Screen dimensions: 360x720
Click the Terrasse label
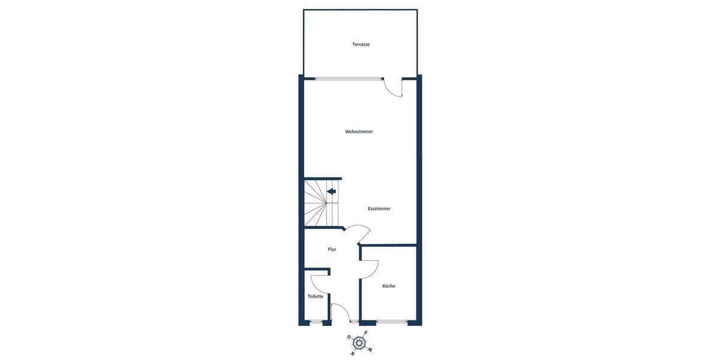click(361, 44)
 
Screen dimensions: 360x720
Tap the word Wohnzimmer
click(359, 131)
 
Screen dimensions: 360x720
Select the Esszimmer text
click(379, 209)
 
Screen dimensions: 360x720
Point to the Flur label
click(332, 249)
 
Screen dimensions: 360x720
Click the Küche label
click(389, 286)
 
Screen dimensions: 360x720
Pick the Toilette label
click(316, 296)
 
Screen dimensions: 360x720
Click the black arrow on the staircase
click(331, 191)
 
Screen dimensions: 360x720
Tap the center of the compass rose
click(359, 343)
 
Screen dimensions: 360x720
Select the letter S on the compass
click(365, 332)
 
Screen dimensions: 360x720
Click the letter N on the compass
click(352, 353)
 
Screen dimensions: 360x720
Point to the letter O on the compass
click(349, 337)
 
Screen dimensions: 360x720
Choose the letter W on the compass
click(370, 349)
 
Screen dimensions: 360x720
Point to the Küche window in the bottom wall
click(391, 322)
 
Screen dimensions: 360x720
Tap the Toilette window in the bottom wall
click(316, 322)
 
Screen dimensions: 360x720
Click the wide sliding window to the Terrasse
click(349, 79)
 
